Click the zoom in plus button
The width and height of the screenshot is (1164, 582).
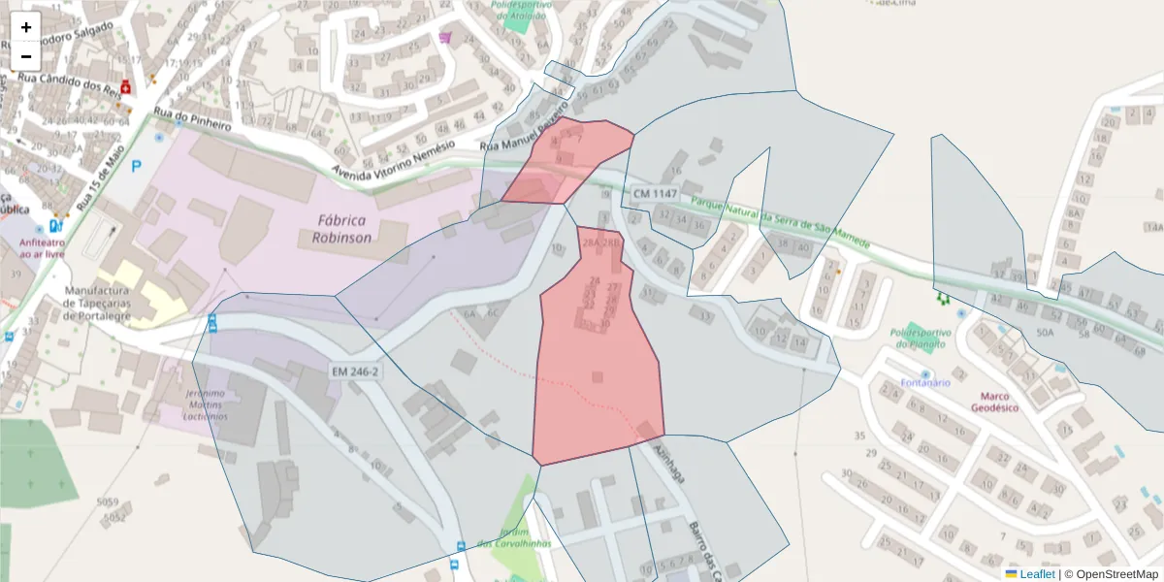click(x=26, y=27)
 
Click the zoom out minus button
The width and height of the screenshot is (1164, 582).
click(x=26, y=56)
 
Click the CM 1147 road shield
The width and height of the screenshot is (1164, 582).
click(x=654, y=194)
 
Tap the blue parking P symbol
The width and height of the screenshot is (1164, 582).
click(x=137, y=166)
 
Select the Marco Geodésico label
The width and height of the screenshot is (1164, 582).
click(x=995, y=402)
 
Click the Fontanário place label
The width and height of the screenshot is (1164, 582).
click(x=924, y=382)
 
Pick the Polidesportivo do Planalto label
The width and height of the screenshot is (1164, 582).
click(x=921, y=338)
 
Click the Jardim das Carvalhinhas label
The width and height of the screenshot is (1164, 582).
click(x=513, y=537)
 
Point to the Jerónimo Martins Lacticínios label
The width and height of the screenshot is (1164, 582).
click(x=204, y=404)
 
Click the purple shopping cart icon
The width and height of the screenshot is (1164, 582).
click(x=445, y=37)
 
